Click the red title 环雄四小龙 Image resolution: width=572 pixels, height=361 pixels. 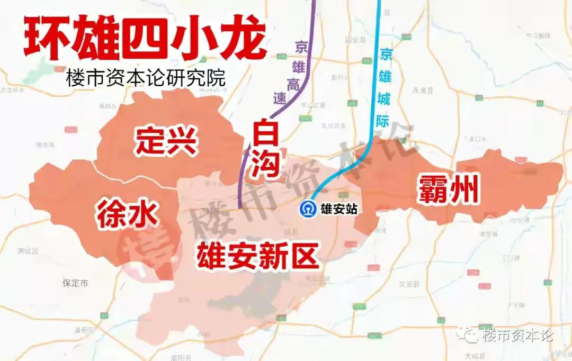click(144, 40)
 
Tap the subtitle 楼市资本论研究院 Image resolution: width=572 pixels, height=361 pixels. click(146, 78)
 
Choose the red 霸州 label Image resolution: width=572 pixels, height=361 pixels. click(448, 191)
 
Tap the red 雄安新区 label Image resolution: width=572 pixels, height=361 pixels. click(257, 256)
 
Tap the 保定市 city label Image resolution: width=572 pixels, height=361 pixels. click(75, 283)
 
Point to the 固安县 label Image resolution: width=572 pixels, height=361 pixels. click(355, 40)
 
